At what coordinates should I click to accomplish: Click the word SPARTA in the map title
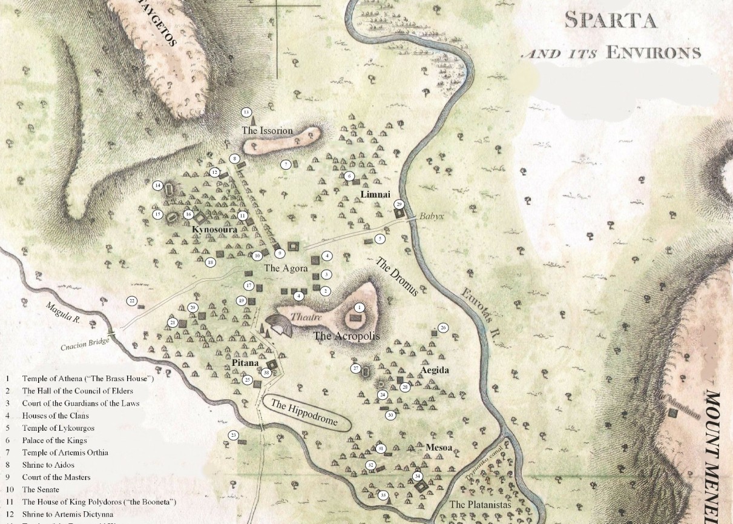[610, 20]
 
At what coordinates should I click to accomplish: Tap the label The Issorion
[267, 130]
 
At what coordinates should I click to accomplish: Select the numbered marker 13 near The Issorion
[246, 113]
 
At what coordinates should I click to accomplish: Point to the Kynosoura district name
[214, 230]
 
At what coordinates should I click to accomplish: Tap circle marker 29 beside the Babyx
[399, 204]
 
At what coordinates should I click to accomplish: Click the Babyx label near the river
[428, 216]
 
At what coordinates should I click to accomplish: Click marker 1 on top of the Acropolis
[360, 308]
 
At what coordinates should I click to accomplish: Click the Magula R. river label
[63, 314]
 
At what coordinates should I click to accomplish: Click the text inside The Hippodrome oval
[304, 413]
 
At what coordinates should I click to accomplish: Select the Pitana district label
[246, 362]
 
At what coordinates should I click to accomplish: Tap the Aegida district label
[434, 370]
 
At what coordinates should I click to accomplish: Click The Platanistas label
[481, 505]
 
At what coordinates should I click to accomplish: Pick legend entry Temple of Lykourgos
[58, 428]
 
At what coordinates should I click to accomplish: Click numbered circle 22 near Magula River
[132, 300]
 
